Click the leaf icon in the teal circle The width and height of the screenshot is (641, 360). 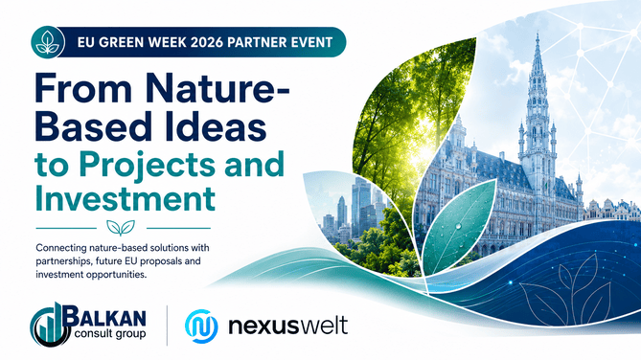[48, 42]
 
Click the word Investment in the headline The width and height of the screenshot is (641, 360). [126, 198]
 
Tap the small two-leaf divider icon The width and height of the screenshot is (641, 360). [121, 228]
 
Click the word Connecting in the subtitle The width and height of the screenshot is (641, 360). [61, 248]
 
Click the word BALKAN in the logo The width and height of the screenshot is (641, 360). [104, 317]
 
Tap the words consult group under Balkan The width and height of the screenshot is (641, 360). [110, 334]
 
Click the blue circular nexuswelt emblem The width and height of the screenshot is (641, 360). [201, 326]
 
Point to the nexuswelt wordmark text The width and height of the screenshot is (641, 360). [287, 326]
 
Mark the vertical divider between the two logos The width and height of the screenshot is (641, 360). [167, 326]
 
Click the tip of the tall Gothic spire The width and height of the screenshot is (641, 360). [538, 34]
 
